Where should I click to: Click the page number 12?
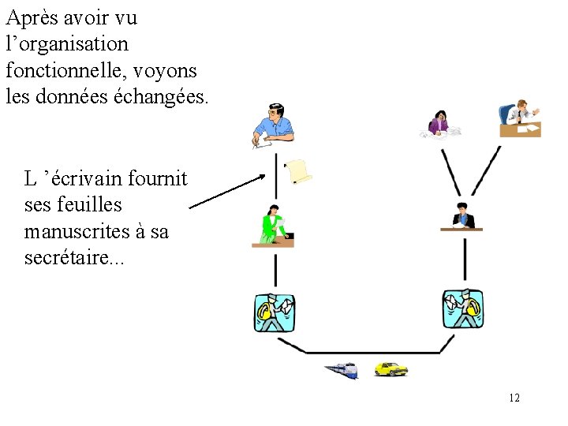point(514,398)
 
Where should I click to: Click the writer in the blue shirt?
point(272,125)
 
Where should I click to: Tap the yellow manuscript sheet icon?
point(298,170)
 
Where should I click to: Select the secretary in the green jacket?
point(273,226)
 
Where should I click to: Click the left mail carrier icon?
point(275,312)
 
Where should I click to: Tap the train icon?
point(342,369)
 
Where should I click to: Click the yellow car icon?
point(390,368)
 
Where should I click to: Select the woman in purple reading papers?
point(439,123)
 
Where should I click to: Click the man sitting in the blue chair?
point(519,117)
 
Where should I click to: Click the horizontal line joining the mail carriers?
point(371,353)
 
